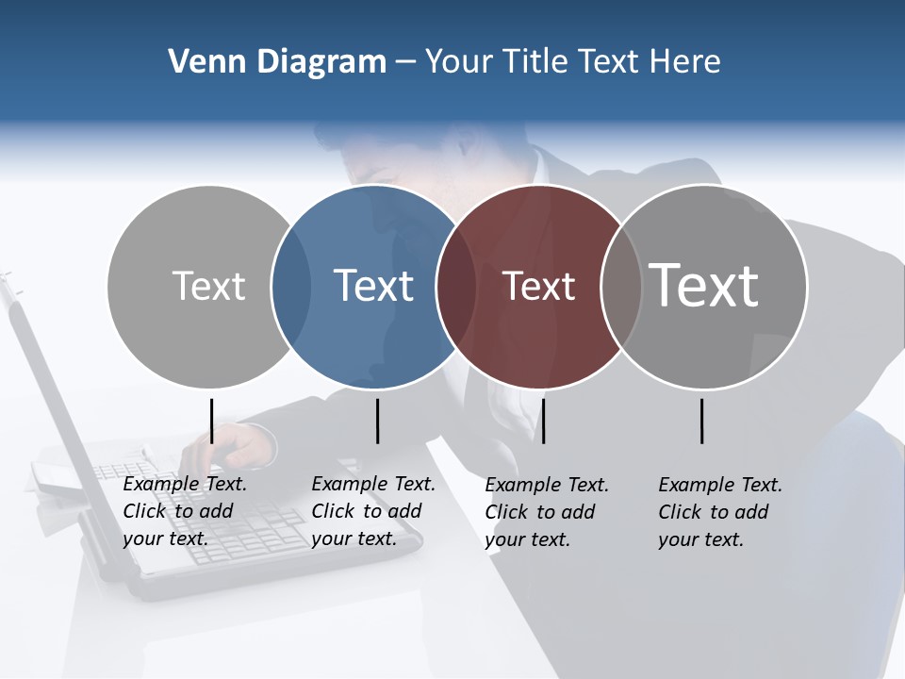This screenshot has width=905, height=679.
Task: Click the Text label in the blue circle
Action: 374,286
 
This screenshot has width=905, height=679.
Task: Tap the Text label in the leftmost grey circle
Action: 208,286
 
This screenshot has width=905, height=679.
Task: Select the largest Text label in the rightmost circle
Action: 704,285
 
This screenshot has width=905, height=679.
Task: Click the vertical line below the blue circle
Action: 377,421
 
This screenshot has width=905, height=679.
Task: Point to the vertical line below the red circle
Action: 543,421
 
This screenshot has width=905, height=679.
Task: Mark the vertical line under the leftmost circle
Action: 212,421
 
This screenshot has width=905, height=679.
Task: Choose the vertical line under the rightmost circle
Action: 702,421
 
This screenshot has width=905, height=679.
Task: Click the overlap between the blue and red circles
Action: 457,287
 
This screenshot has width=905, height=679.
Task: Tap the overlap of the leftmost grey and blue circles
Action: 292,287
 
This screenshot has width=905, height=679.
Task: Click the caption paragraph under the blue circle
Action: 372,511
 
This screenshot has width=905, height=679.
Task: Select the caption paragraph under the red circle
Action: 546,512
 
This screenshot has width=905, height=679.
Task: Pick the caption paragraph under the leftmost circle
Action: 184,511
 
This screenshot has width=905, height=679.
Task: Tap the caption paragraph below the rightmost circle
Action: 719,512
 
